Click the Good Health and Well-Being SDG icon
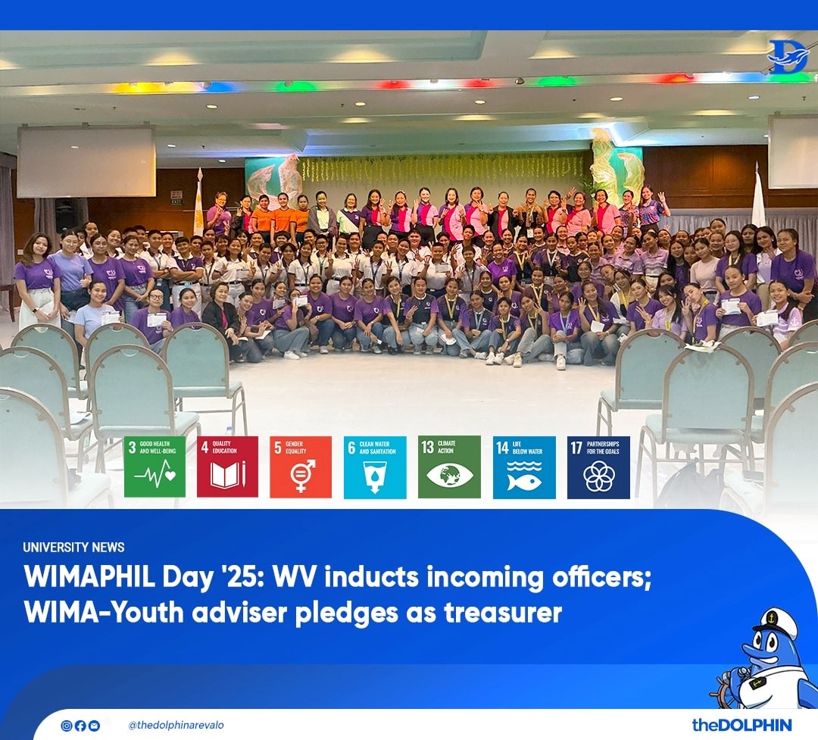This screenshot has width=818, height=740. pos(155,467)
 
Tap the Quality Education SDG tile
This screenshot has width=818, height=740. pos(227,467)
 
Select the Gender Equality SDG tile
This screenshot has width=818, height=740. pos(301,467)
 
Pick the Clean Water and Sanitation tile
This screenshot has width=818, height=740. pos(375,467)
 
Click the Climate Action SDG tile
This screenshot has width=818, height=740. pos(449,467)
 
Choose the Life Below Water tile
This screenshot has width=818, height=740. pos(524,467)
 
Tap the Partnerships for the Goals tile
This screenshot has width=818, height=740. pos(598,467)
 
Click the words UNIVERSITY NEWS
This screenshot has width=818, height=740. pos(73,547)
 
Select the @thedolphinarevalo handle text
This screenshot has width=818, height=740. pos(176,725)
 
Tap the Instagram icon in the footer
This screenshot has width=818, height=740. pos(66,726)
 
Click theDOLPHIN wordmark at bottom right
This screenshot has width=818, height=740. pos(742,725)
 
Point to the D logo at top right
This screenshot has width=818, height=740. pos(788,56)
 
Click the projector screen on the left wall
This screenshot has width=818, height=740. pos(86,162)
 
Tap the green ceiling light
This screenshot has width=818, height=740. pos(296,86)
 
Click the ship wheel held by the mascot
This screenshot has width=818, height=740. pos(728,685)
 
